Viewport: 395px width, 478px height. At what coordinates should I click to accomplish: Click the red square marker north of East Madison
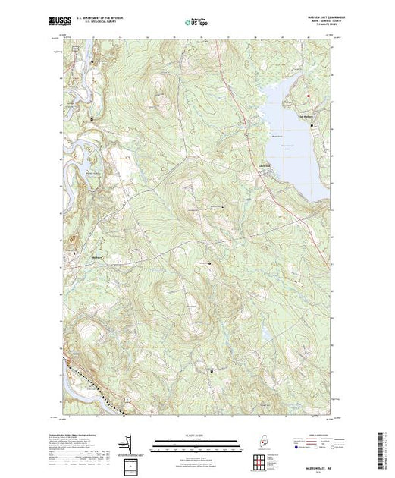[x=309, y=95]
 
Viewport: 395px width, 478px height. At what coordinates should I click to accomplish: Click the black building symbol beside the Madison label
[x=77, y=256]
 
